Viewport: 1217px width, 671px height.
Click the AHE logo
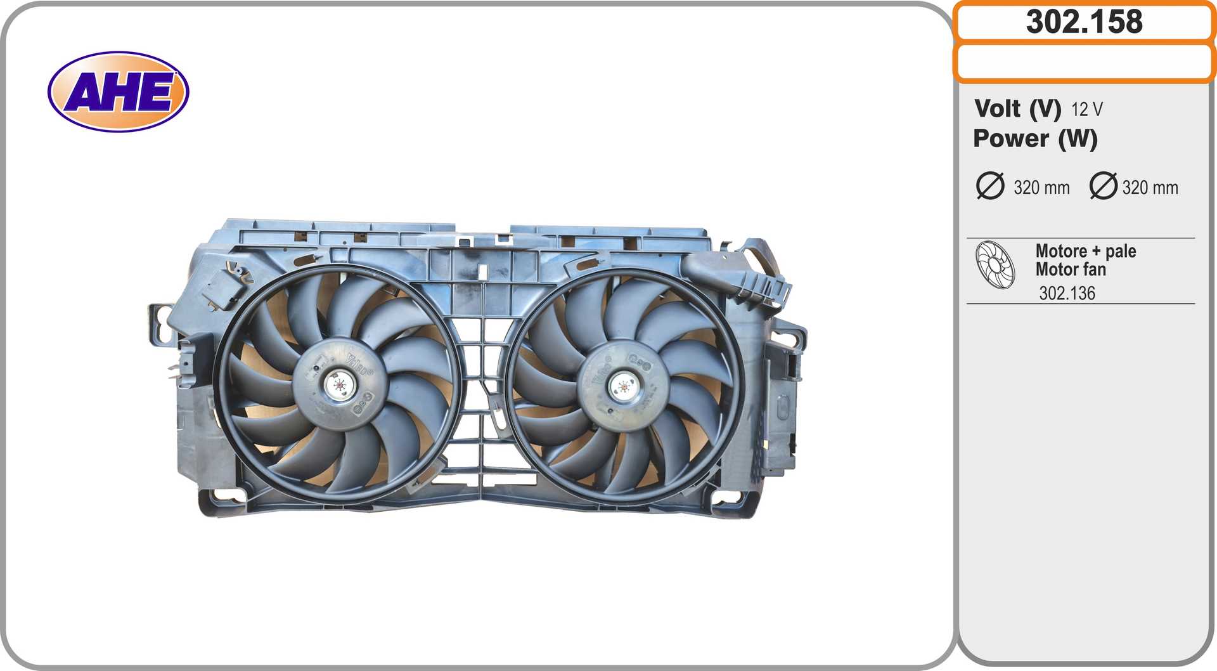coord(119,92)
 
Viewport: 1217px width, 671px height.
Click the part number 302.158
coord(1085,22)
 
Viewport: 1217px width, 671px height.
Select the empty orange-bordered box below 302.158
coord(1085,62)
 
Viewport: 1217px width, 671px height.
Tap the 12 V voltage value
coord(1087,110)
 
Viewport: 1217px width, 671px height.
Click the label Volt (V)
coord(1017,108)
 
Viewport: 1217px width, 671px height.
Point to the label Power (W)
coord(1035,139)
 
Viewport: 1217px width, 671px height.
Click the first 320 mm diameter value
coord(1041,188)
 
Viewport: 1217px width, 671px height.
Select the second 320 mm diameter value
coord(1150,188)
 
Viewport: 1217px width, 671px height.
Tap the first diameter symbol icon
coord(990,186)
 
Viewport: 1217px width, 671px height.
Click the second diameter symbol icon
coord(1104,186)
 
